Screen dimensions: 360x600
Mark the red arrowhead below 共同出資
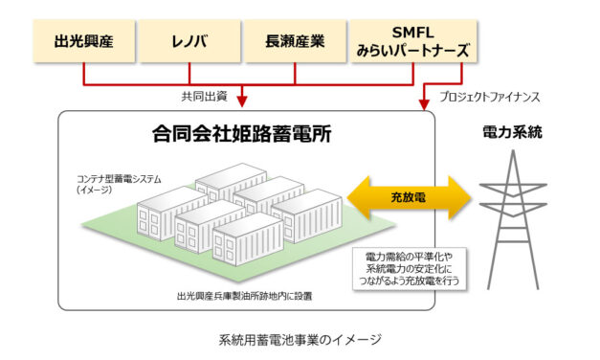(x=242, y=101)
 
